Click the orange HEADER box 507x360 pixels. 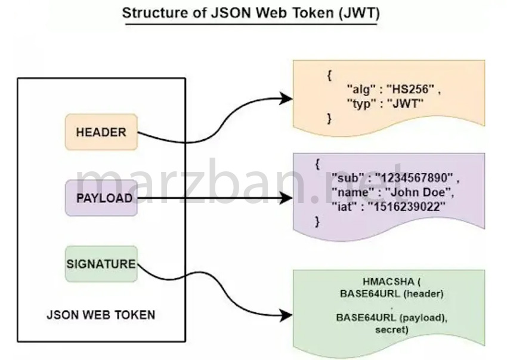(101, 131)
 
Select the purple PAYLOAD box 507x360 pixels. (101, 198)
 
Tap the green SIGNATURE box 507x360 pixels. (101, 264)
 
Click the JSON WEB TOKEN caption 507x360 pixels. (101, 315)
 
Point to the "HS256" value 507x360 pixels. (409, 89)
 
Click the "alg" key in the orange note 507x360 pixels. (359, 89)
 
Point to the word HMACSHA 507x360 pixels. (384, 281)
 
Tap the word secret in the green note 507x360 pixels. (391, 330)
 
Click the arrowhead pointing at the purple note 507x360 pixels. (287, 198)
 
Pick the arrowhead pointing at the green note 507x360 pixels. (287, 314)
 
